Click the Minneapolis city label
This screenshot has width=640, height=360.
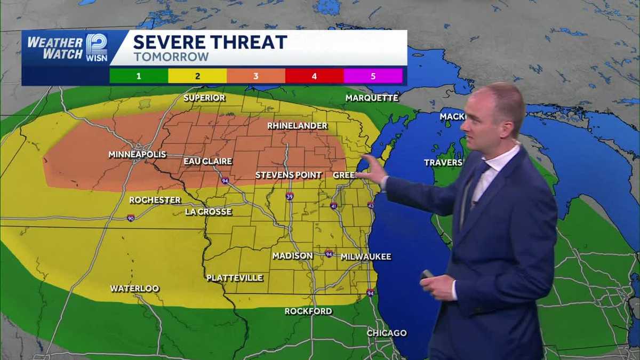[x=137, y=155]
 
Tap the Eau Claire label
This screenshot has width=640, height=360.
[x=207, y=161]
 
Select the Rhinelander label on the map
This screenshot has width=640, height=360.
[x=297, y=126]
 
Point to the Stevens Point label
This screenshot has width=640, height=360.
[x=289, y=175]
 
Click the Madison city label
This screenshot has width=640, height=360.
[x=292, y=256]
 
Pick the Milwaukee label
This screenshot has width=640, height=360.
[x=365, y=257]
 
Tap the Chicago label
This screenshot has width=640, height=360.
[x=387, y=333]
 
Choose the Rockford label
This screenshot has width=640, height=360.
[x=308, y=311]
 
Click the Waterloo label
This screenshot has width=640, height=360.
[x=134, y=289]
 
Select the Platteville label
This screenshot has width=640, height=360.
[x=235, y=278]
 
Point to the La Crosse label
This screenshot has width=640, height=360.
[x=208, y=212]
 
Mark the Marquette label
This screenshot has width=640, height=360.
[x=372, y=98]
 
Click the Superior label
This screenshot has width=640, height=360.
[x=204, y=98]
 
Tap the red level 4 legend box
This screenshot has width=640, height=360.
[x=314, y=76]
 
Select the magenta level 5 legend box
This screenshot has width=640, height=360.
[x=373, y=76]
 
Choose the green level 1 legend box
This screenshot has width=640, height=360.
[x=139, y=76]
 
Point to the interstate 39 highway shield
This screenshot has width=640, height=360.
[x=289, y=196]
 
